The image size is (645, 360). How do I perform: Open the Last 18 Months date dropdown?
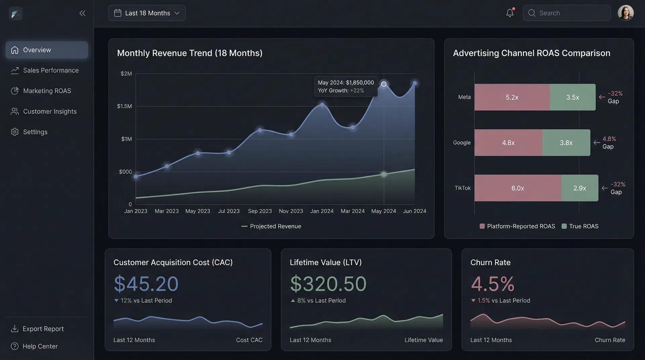[147, 13]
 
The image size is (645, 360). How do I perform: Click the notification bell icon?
[510, 13]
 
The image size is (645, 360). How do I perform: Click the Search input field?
[571, 13]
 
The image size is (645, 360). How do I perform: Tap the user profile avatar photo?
[625, 13]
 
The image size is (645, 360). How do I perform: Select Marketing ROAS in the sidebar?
[47, 91]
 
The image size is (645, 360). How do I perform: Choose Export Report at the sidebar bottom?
[43, 329]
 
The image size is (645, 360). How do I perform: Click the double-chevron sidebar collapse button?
[82, 13]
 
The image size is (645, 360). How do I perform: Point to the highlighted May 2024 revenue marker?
[384, 84]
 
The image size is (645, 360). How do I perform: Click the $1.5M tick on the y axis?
[125, 106]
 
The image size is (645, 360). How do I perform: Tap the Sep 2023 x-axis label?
[260, 211]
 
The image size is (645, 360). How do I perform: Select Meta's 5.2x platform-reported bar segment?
[512, 97]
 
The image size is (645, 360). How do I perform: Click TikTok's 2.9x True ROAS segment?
[579, 188]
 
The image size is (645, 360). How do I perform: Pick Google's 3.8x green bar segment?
[566, 143]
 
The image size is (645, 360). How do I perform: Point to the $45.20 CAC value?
[146, 284]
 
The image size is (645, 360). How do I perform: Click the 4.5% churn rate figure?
[492, 284]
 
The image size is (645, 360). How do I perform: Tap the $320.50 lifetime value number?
[328, 284]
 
